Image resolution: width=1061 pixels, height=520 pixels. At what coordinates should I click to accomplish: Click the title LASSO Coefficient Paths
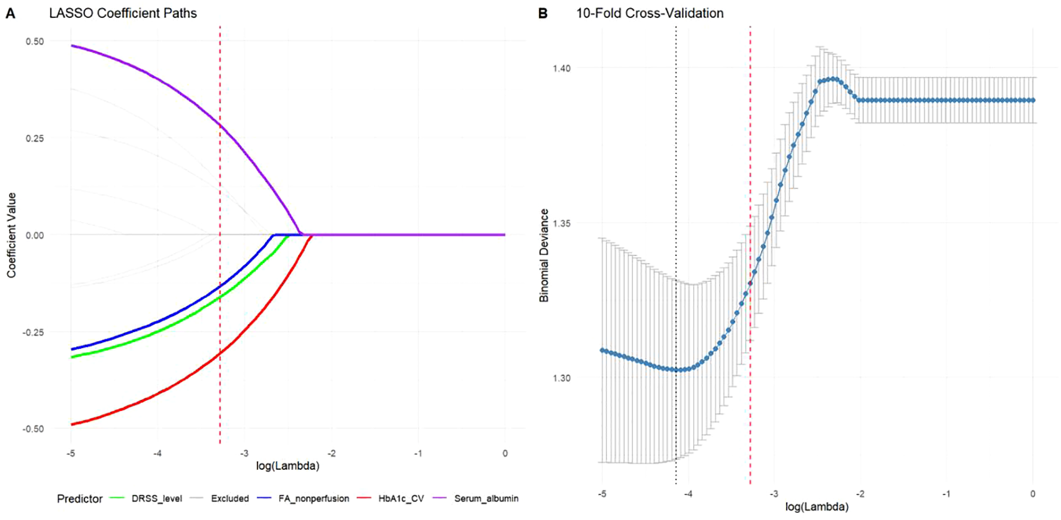click(123, 13)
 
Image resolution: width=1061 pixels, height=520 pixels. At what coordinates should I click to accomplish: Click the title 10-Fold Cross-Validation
click(650, 13)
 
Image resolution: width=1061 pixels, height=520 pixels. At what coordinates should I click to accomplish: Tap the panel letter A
click(10, 13)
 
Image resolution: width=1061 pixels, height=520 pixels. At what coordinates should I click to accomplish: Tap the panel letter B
click(542, 13)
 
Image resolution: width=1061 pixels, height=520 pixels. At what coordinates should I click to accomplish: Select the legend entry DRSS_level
click(156, 498)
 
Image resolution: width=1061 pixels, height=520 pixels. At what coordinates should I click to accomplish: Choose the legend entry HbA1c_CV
click(401, 498)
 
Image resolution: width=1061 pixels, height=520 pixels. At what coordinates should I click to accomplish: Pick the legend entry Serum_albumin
click(486, 498)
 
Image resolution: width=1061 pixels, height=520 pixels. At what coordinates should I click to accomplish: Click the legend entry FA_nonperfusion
click(313, 498)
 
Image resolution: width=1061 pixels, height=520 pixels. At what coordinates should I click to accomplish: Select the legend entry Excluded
click(229, 498)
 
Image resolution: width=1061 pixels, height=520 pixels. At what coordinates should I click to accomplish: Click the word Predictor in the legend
click(80, 498)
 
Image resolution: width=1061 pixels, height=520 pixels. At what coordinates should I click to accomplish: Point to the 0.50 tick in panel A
click(35, 41)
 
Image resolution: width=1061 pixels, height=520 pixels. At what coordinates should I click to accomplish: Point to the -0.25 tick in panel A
click(34, 332)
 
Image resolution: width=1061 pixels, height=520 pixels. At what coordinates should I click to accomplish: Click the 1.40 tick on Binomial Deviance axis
click(562, 68)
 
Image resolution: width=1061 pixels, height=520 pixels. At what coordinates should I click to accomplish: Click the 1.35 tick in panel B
click(562, 223)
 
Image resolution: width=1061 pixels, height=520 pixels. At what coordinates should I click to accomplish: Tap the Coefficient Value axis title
click(11, 235)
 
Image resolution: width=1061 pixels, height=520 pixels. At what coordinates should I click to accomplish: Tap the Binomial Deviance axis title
click(544, 255)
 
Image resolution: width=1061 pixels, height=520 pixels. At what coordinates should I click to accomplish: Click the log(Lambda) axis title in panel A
click(287, 466)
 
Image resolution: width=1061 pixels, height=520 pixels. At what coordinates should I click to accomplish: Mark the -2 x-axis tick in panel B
click(860, 494)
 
